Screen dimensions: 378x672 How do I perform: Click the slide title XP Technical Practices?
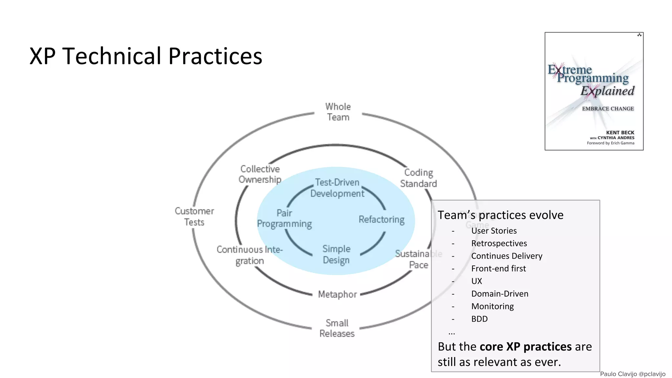[146, 56]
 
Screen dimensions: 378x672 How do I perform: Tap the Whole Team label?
[338, 112]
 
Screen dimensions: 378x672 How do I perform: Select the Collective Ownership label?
[260, 174]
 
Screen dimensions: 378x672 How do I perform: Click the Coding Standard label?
[418, 178]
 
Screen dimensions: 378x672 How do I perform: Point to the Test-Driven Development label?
[337, 188]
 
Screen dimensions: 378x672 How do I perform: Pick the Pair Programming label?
[284, 219]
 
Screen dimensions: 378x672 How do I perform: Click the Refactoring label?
[381, 219]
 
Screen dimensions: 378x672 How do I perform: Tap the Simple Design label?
[336, 255]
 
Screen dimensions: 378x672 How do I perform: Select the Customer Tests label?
[194, 217]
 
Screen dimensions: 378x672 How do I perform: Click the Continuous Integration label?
[249, 255]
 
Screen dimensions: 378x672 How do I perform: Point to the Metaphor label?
[337, 294]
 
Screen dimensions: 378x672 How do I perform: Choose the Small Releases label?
[337, 328]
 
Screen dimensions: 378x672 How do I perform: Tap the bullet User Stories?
[494, 231]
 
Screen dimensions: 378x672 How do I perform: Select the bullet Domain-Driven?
[500, 294]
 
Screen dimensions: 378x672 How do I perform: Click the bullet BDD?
[479, 319]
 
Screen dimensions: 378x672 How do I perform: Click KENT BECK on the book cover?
[620, 133]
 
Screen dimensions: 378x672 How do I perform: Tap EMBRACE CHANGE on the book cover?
[608, 109]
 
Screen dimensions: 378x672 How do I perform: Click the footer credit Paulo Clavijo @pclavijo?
[633, 374]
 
